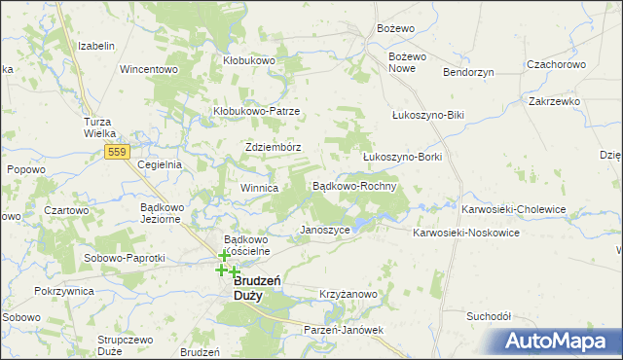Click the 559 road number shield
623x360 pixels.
[118, 153]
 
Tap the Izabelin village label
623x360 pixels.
[96, 46]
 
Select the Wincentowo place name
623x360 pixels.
[146, 70]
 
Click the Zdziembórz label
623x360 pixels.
[273, 147]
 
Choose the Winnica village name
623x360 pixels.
[260, 188]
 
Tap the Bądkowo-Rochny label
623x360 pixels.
[352, 185]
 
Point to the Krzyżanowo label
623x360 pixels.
[348, 293]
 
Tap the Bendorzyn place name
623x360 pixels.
[469, 73]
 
